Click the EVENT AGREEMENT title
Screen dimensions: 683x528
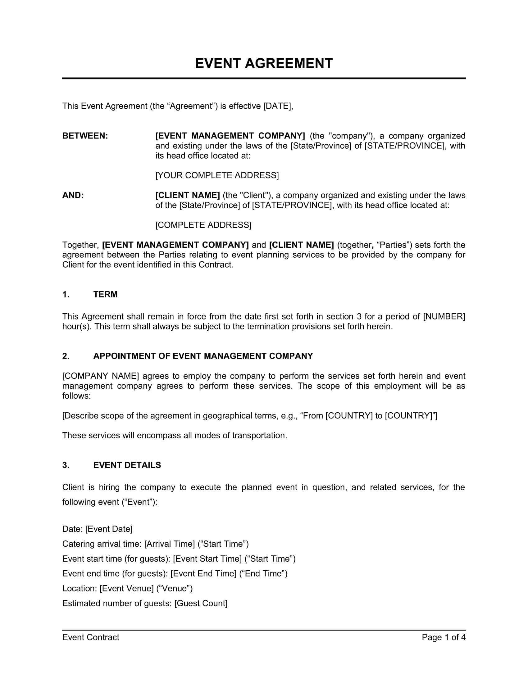264,63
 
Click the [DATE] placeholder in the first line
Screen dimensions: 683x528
277,106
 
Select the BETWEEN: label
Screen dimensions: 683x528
85,136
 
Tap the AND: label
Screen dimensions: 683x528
73,195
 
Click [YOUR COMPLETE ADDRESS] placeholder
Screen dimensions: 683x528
217,175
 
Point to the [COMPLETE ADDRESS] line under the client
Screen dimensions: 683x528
203,225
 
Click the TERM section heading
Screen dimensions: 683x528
105,294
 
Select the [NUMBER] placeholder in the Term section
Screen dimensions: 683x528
444,316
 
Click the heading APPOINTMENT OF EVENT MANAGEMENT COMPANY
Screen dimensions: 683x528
203,356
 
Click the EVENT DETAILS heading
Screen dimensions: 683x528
127,465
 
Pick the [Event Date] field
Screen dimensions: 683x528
109,529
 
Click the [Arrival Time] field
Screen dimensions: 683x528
170,544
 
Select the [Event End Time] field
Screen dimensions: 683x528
203,573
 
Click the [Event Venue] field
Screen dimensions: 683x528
127,589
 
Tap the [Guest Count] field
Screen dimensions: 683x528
201,603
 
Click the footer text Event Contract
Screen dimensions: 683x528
91,637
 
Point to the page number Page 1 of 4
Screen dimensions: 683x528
443,637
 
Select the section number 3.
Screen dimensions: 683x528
65,465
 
